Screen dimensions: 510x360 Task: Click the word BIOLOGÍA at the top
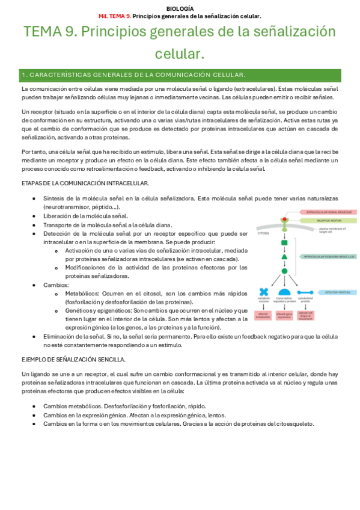point(180,8)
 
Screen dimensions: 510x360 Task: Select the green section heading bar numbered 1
point(180,75)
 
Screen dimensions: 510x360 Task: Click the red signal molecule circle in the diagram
point(284,214)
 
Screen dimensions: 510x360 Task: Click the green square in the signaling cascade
point(284,242)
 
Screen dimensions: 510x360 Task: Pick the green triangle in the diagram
point(284,256)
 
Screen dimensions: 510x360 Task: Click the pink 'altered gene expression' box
point(284,314)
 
